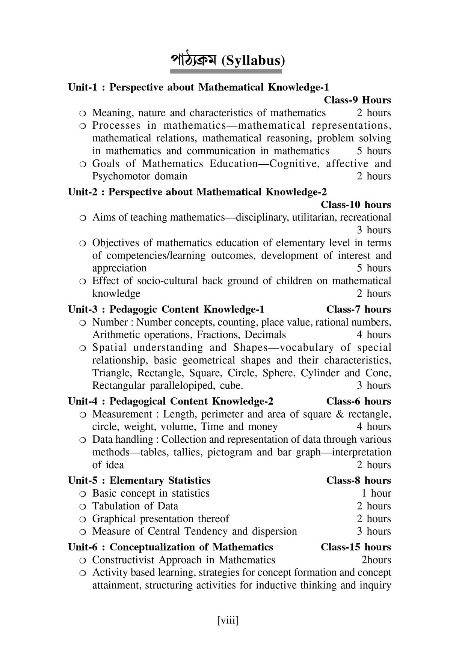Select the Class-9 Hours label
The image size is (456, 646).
pos(357,100)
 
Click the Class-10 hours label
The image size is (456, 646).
pos(356,205)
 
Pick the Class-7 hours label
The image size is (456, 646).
pos(358,309)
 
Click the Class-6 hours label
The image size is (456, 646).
pos(358,401)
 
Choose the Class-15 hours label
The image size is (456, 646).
pos(356,547)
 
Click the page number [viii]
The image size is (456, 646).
pos(228,620)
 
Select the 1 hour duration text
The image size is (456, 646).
pos(376,493)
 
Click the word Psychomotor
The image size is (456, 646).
pos(121,176)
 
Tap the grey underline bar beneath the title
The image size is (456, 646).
pos(227,71)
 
